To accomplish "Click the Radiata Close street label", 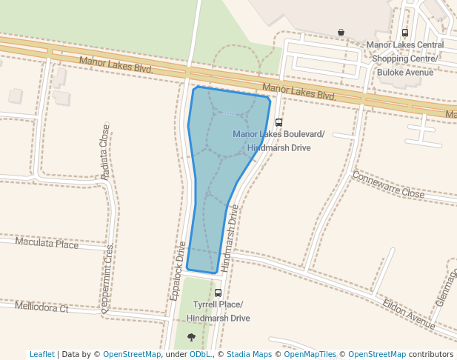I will click(x=105, y=151).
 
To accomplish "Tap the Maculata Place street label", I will click(x=47, y=243).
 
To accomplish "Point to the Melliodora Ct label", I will click(x=41, y=307).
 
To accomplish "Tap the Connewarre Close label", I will click(x=388, y=185).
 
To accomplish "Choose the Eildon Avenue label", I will click(x=409, y=314).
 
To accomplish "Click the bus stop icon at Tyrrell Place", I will click(x=218, y=293).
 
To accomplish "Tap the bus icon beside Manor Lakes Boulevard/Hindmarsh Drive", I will click(x=278, y=123).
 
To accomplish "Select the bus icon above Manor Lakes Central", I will click(x=404, y=33).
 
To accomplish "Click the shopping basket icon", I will click(x=341, y=32).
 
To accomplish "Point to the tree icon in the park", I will click(x=192, y=337).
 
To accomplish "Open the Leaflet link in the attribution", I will click(x=41, y=354).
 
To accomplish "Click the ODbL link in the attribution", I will click(x=199, y=354).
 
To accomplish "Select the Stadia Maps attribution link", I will click(x=249, y=354).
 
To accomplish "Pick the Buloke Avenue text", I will click(x=404, y=73).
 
